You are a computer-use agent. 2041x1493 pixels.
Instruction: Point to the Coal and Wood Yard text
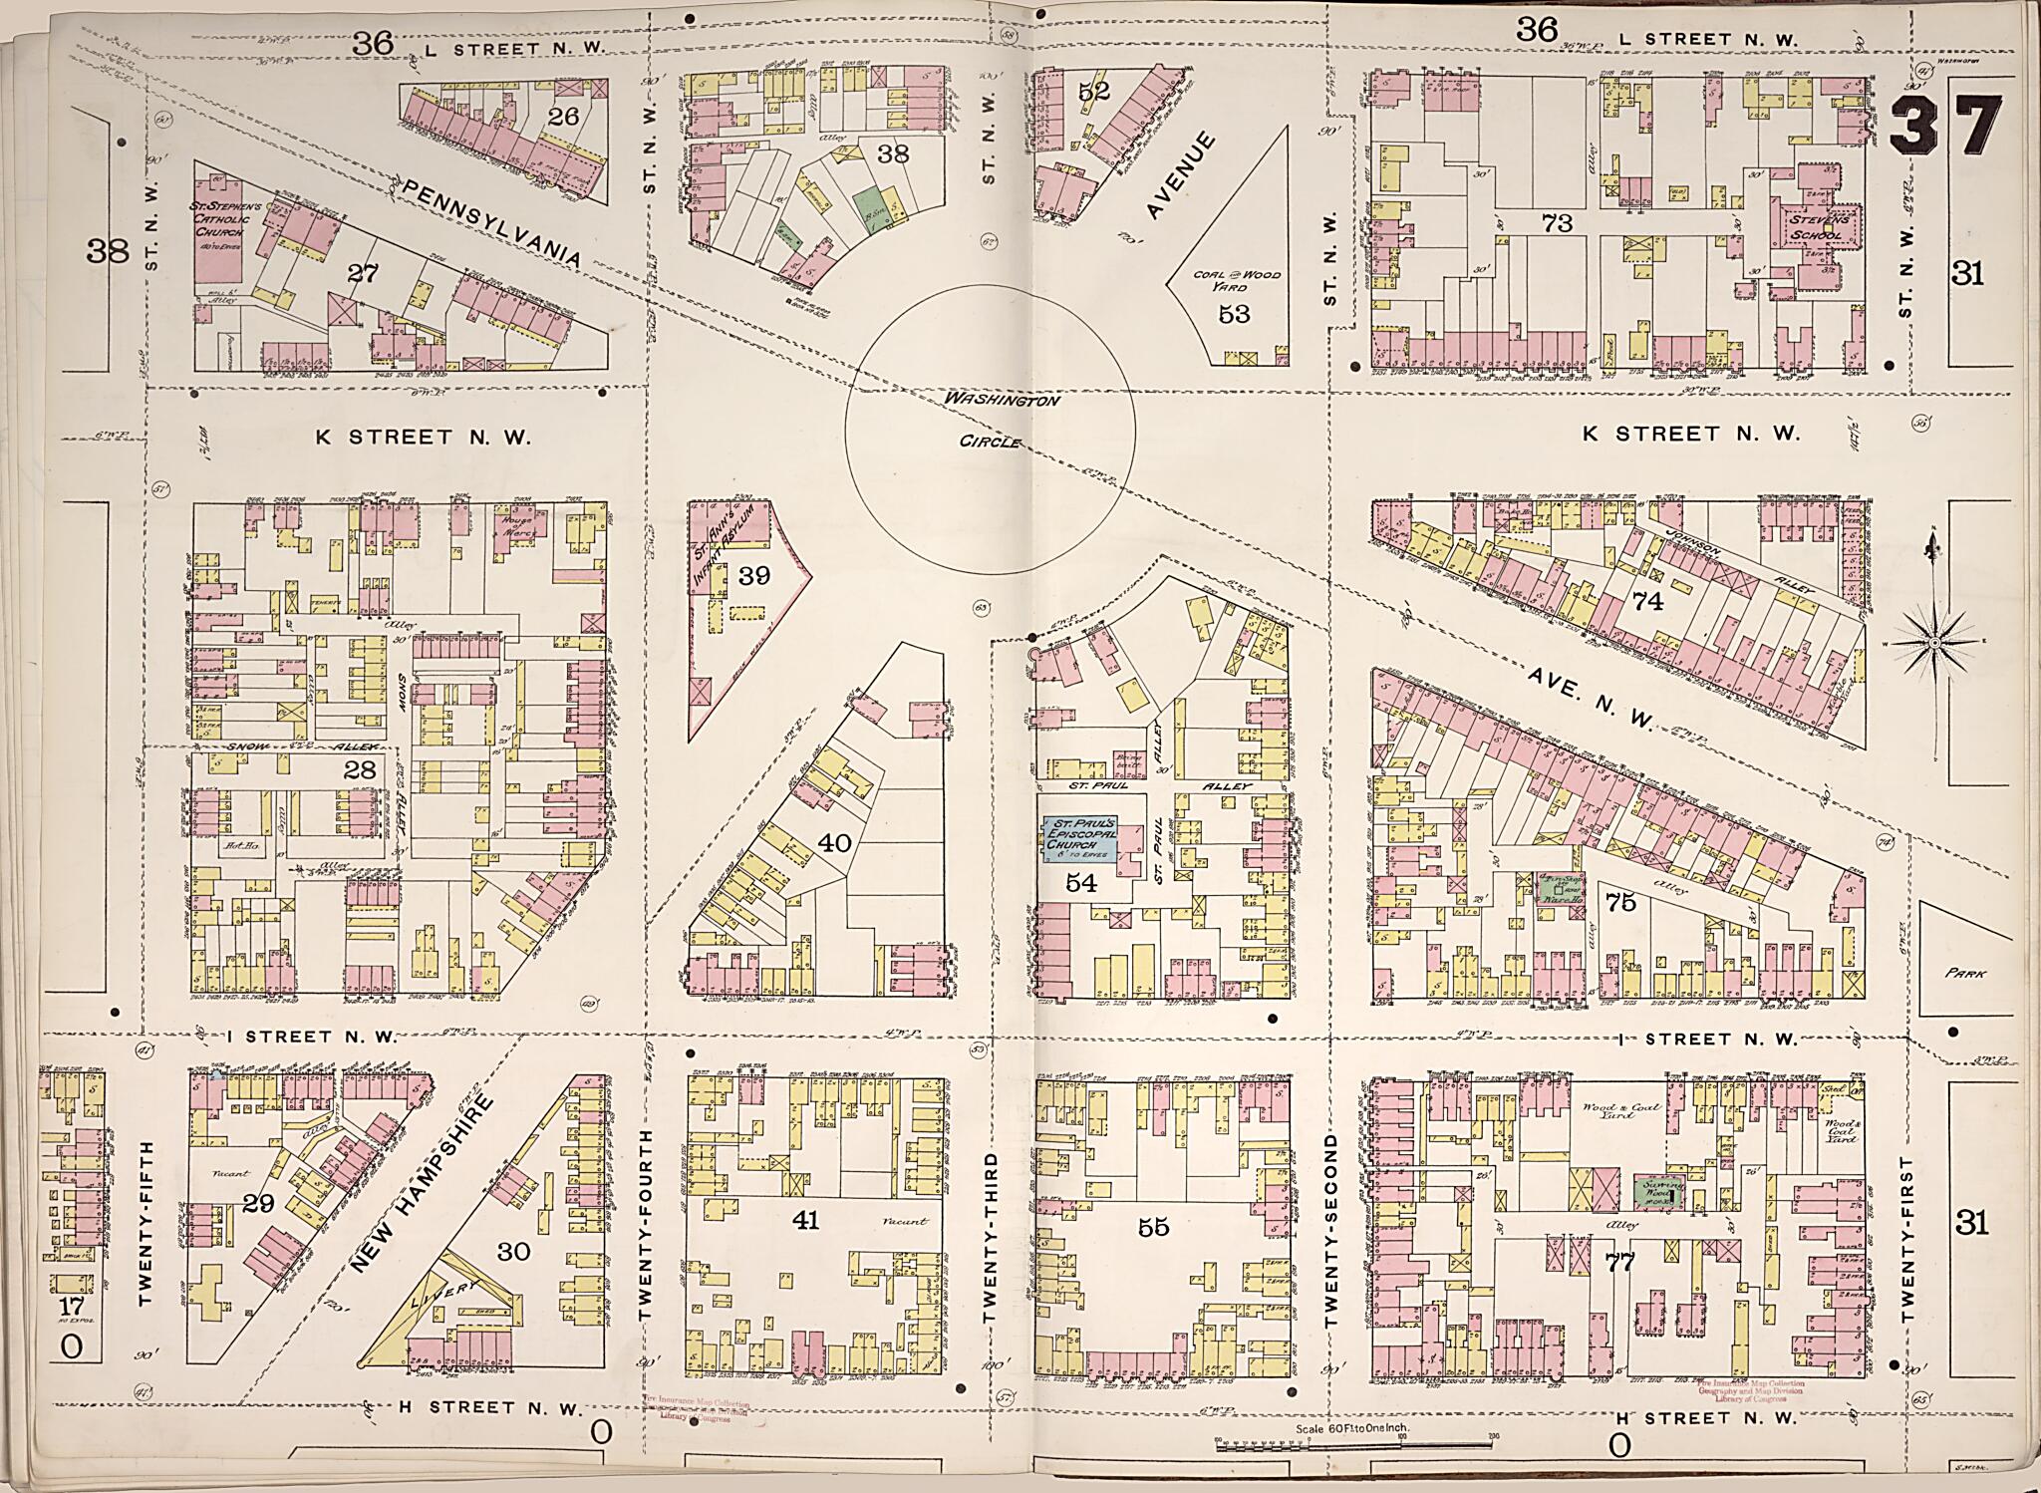tap(1236, 280)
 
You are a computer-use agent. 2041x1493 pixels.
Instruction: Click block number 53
tap(1234, 314)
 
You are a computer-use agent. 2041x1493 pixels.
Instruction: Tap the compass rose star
tap(1934, 643)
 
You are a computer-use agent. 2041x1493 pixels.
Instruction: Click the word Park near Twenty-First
tap(1963, 973)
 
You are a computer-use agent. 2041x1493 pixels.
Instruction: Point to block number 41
tap(805, 1219)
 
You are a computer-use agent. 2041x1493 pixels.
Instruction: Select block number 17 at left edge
tap(71, 1307)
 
